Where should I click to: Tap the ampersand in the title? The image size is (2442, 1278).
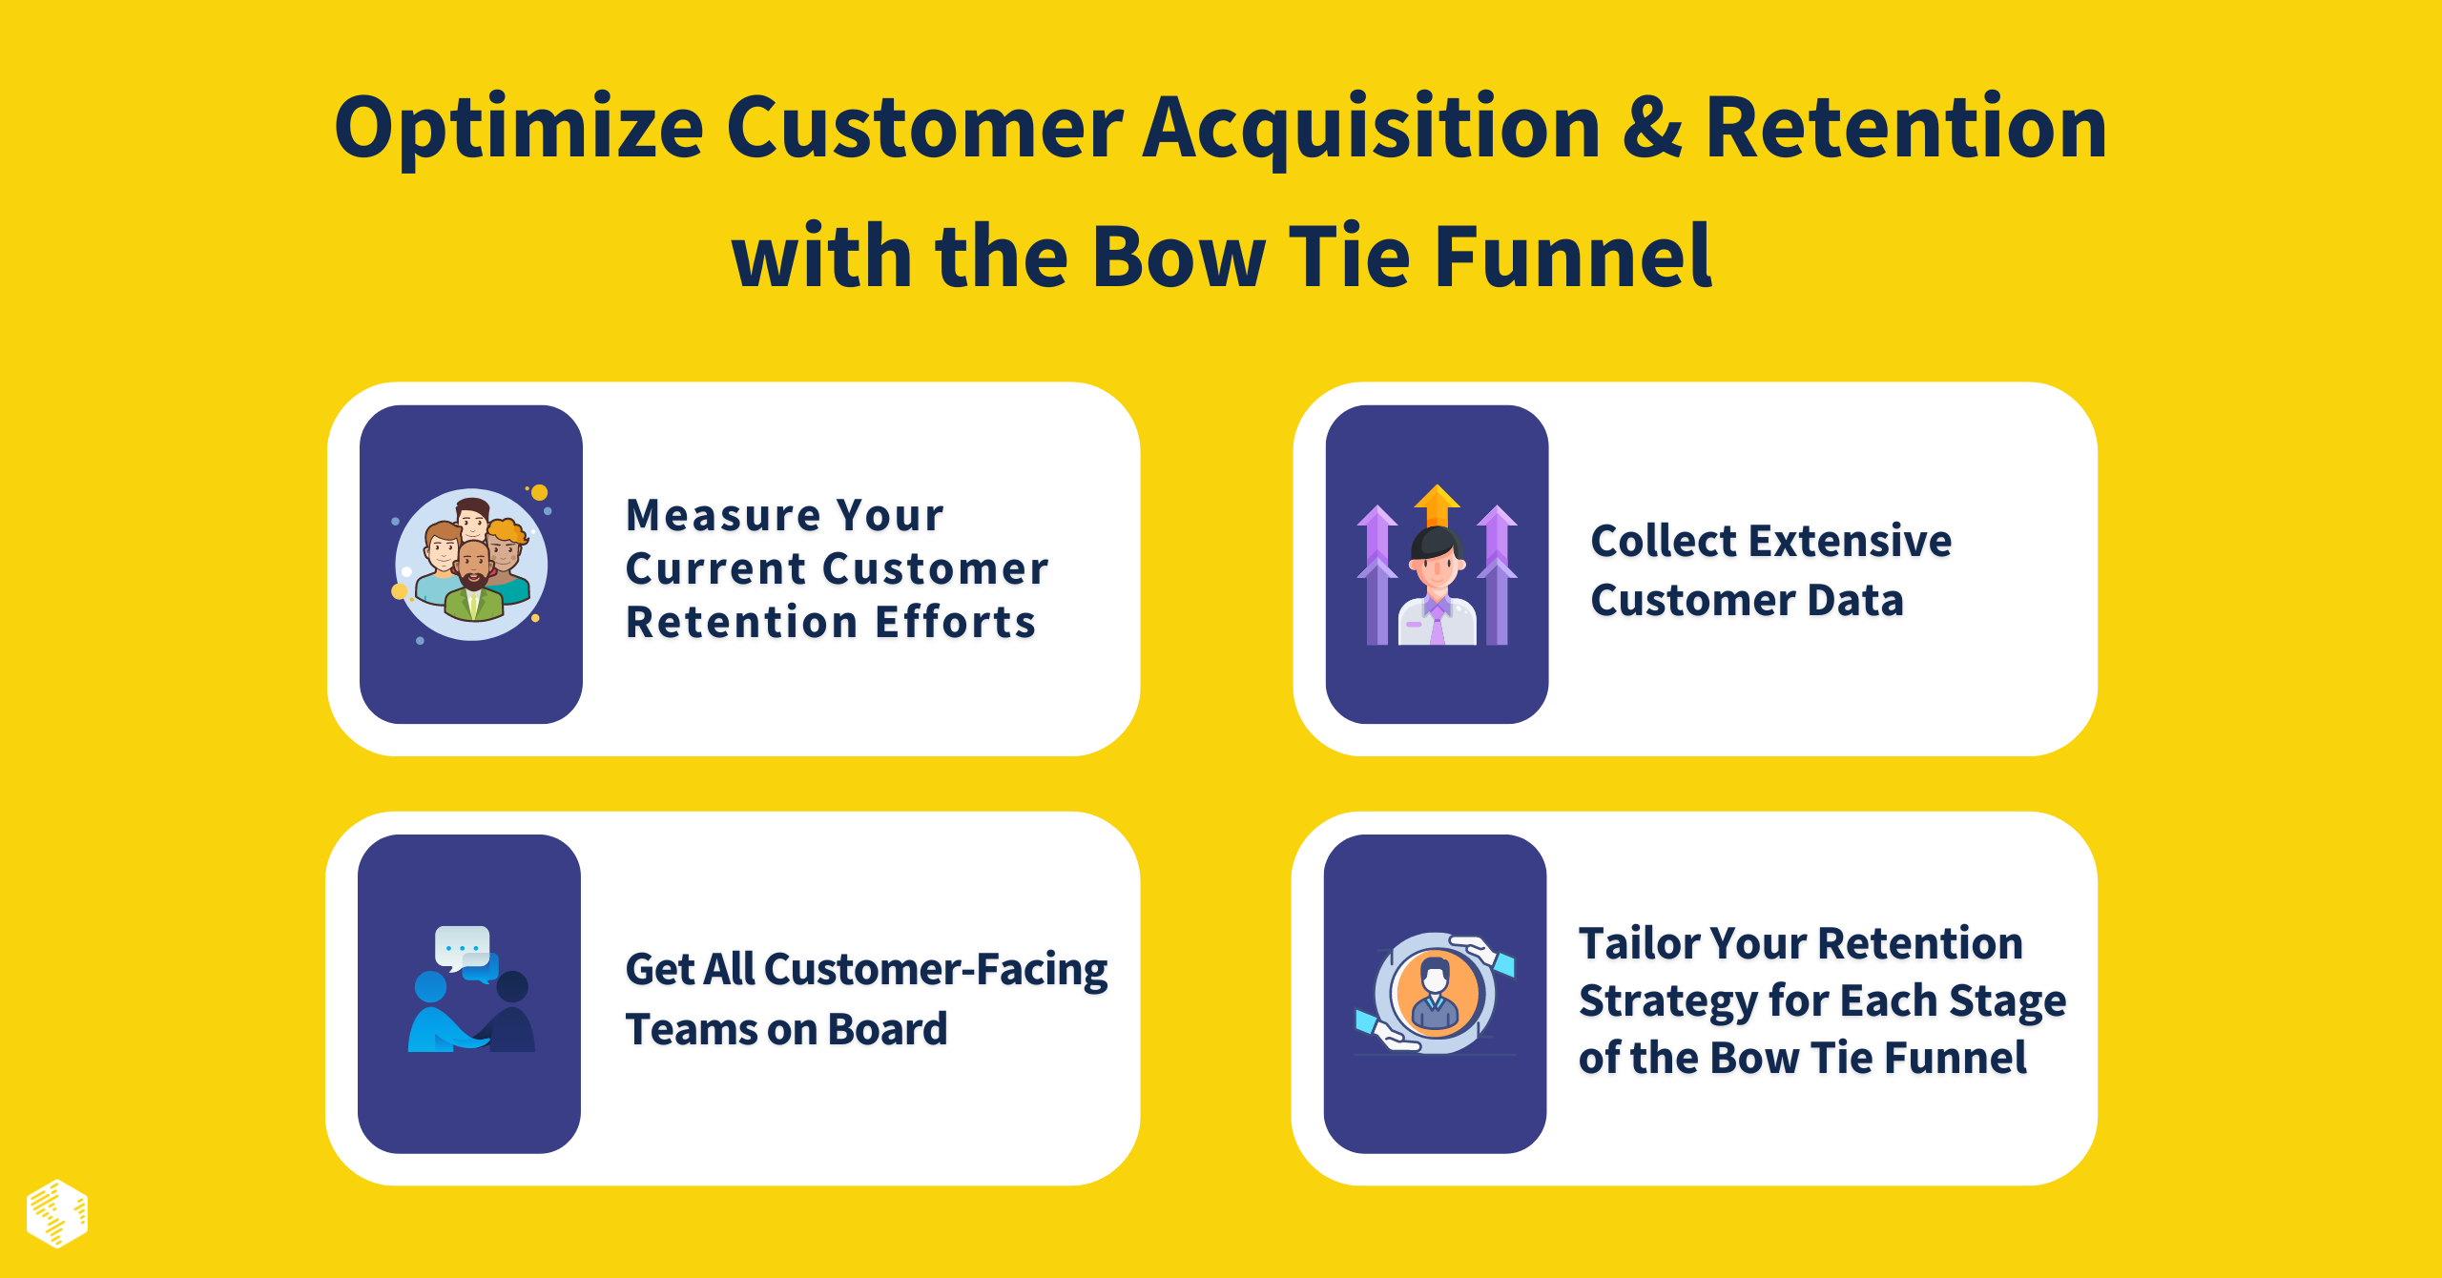coord(1651,129)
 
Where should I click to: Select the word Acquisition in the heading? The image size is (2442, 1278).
coord(1371,129)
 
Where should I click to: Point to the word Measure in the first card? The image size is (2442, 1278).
coord(723,516)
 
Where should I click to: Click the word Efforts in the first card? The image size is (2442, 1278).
coord(956,623)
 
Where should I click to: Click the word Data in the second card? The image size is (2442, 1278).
coord(1855,601)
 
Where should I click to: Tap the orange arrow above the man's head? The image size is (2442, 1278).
coord(1437,502)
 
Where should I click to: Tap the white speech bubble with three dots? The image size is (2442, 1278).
coord(463,946)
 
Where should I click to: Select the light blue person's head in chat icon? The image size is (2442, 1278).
coord(430,987)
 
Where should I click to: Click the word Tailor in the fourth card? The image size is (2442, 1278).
coord(1638,944)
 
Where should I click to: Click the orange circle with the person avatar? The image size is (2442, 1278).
coord(1436,993)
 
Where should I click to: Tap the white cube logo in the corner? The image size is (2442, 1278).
coord(57,1213)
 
